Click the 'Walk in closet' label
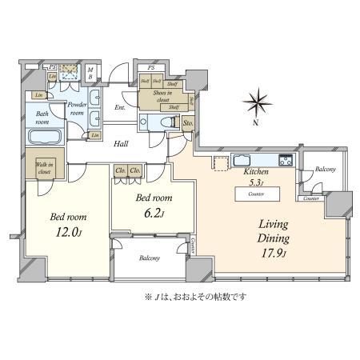point(45,169)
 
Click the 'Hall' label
point(122,144)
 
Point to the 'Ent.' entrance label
point(121,108)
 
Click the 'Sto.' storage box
point(189,123)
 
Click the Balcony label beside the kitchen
point(324,169)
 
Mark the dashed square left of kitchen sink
point(219,162)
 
